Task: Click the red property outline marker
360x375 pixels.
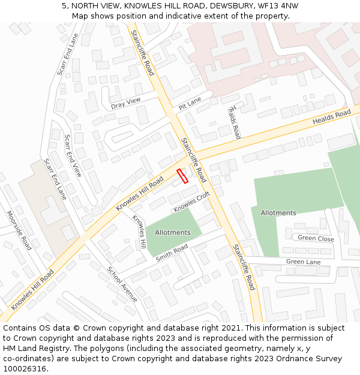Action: pyautogui.click(x=182, y=175)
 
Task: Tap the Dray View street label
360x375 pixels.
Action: pyautogui.click(x=125, y=103)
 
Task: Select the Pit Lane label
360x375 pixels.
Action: pyautogui.click(x=190, y=103)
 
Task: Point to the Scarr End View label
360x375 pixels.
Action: pyautogui.click(x=73, y=155)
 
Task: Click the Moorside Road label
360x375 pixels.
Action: pyautogui.click(x=19, y=230)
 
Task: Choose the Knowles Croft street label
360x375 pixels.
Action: pyautogui.click(x=192, y=202)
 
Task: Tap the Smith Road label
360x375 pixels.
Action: pyautogui.click(x=172, y=253)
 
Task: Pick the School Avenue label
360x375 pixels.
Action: pyautogui.click(x=122, y=284)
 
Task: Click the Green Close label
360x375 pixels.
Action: pyautogui.click(x=316, y=238)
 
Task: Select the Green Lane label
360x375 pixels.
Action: pyautogui.click(x=303, y=262)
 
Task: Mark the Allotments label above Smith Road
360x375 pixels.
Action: pyautogui.click(x=173, y=232)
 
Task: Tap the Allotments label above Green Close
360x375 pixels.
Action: pyautogui.click(x=278, y=213)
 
